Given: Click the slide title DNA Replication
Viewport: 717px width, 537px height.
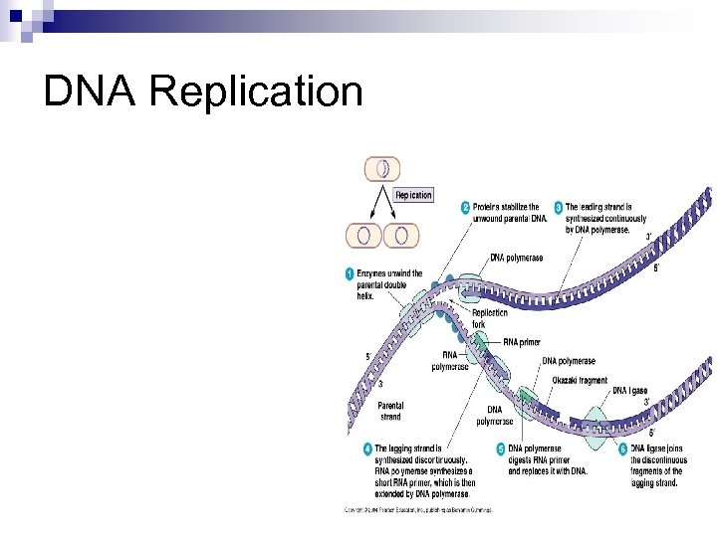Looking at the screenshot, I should point(203,92).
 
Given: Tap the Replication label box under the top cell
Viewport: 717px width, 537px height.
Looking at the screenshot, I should point(413,195).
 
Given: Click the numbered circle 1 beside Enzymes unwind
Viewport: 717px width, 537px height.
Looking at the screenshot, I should point(350,273).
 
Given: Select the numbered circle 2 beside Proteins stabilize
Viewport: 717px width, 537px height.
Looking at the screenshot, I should point(465,208).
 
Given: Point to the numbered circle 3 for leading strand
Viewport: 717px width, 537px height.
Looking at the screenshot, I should point(560,208).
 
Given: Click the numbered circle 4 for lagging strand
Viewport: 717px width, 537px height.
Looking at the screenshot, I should point(366,449).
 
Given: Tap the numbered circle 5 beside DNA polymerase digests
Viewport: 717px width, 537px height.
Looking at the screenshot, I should point(501,449).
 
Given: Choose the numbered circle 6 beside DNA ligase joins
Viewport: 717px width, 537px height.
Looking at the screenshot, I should point(624,449).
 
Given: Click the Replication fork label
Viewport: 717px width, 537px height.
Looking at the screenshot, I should point(489,317).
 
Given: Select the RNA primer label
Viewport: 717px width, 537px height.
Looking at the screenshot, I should point(522,342).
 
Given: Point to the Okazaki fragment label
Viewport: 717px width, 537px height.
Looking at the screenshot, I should point(579,380).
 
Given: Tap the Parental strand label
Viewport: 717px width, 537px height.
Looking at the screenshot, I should point(390,411).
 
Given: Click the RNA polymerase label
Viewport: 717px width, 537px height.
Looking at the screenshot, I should point(449,361).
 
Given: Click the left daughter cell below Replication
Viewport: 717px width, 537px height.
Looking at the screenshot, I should point(363,236).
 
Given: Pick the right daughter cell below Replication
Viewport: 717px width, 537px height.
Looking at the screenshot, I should point(401,236).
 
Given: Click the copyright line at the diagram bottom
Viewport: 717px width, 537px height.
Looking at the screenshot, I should point(418,510).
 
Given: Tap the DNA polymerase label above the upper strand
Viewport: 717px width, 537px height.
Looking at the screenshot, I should point(517,258).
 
